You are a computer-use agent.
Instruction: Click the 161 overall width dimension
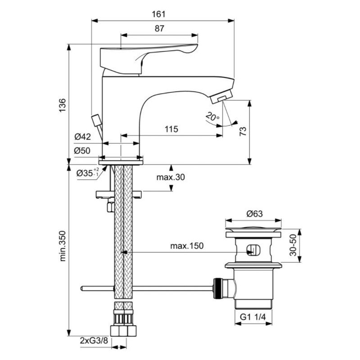click(158, 14)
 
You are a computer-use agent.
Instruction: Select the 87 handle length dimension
click(159, 28)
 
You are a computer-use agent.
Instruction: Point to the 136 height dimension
click(63, 105)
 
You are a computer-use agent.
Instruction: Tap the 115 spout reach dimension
click(171, 129)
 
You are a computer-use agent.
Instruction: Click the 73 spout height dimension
click(243, 131)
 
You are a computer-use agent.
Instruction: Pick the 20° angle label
click(212, 116)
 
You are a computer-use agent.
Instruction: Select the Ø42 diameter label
click(83, 137)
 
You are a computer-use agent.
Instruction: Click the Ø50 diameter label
click(82, 151)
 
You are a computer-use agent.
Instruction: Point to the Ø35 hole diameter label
click(88, 172)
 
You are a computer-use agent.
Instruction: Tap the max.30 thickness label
click(171, 177)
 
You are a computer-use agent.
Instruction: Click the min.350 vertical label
click(63, 246)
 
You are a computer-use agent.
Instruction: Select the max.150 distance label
click(187, 246)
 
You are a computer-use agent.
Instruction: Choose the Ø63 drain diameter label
click(255, 214)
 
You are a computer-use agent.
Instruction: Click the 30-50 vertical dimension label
click(293, 245)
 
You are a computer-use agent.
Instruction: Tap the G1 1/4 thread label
click(253, 317)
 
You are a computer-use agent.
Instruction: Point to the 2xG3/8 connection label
click(94, 341)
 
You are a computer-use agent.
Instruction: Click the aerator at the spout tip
click(221, 96)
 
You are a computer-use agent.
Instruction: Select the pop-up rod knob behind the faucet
click(96, 120)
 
